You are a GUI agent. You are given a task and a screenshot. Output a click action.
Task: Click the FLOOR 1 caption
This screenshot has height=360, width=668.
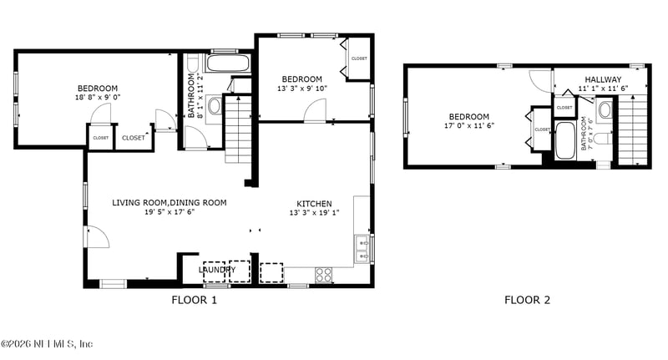194,300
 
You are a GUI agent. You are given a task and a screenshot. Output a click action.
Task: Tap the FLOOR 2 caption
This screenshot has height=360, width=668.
527,300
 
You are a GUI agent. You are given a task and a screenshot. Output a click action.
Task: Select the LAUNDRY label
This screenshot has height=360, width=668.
217,270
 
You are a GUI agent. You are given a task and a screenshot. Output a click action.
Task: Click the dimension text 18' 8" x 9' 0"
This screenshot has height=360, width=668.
98,97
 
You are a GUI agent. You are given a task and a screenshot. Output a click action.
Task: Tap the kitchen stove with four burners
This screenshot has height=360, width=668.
323,273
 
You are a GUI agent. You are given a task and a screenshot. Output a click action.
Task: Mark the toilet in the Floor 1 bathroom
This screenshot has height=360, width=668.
214,106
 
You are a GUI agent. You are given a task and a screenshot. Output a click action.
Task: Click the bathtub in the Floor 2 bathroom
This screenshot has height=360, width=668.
564,139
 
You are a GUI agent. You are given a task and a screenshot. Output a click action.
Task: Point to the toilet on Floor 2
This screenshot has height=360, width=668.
605,109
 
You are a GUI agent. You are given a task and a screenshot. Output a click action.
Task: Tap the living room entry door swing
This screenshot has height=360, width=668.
95,236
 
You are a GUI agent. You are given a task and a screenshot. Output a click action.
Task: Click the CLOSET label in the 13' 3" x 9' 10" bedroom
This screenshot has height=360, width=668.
359,58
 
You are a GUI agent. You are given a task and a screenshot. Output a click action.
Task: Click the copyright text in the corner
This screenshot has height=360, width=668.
47,344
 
